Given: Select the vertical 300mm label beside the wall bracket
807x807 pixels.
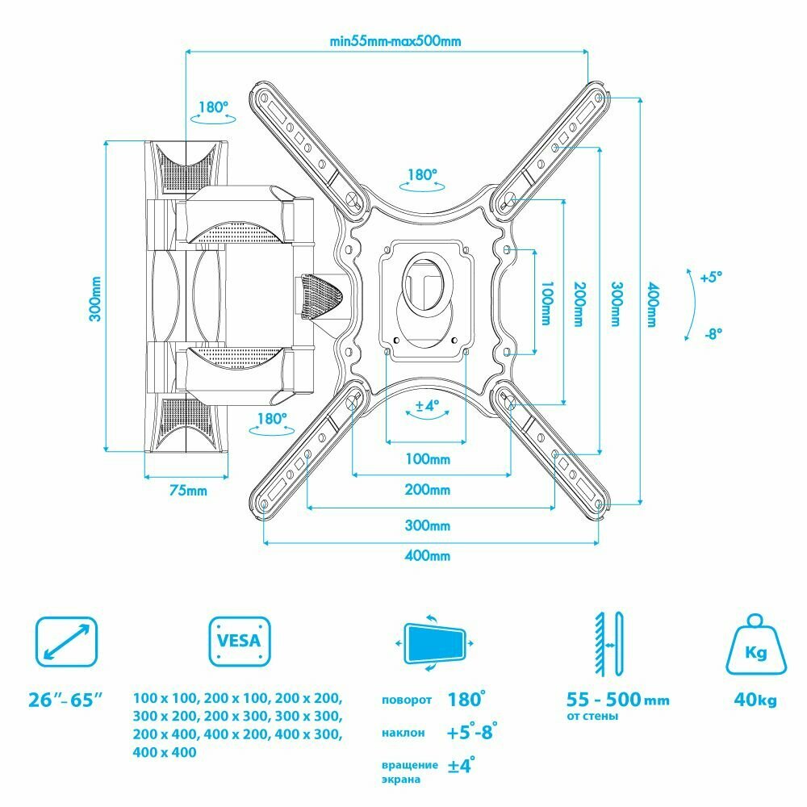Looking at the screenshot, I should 95,299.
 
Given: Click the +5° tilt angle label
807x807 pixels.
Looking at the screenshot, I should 711,277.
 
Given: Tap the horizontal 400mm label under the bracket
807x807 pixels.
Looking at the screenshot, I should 428,556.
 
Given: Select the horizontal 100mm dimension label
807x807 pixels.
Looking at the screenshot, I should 428,459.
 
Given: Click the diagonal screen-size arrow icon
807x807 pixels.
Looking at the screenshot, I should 66,642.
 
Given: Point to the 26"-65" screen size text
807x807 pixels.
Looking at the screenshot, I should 66,700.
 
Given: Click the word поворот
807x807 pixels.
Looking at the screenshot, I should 408,700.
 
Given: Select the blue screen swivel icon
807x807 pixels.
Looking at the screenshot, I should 436,643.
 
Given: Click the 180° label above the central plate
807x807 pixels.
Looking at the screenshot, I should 421,174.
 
